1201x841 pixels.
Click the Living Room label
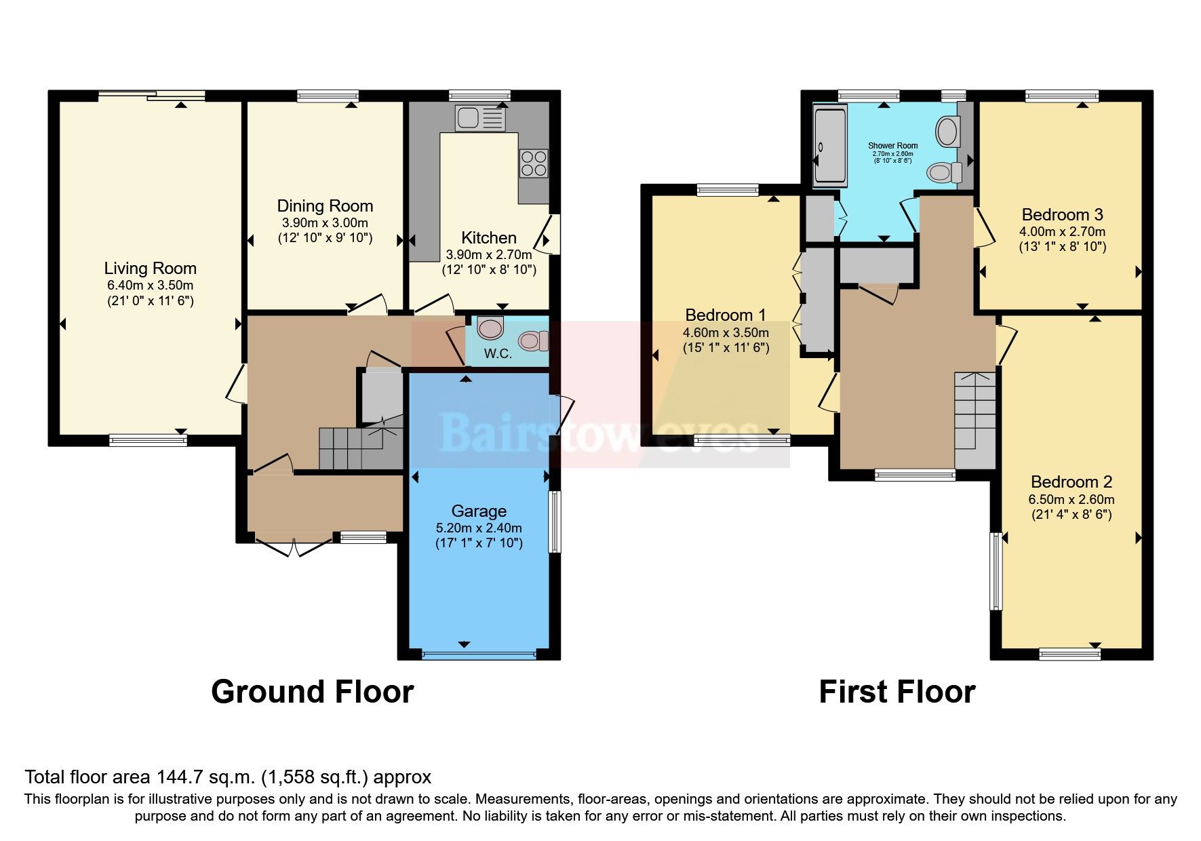pos(150,269)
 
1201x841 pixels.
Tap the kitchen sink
pos(480,118)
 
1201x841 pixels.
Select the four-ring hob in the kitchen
pos(534,163)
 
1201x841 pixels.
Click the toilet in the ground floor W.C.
pos(532,340)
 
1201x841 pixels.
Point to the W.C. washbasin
pos(490,328)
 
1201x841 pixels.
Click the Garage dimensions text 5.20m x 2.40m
pos(479,528)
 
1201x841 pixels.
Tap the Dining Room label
pos(325,206)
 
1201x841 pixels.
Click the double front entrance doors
pos(294,547)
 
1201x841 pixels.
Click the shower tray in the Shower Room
pos(830,144)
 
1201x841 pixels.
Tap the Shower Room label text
pos(892,146)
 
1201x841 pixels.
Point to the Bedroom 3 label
pos(1062,215)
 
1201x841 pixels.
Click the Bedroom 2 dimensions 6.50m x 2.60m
pos(1071,499)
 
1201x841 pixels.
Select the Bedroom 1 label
pos(725,315)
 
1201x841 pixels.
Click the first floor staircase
pos(975,418)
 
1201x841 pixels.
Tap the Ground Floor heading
pos(312,692)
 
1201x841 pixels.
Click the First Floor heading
pos(897,692)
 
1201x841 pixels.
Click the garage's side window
pos(555,521)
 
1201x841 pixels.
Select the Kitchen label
pos(488,238)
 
